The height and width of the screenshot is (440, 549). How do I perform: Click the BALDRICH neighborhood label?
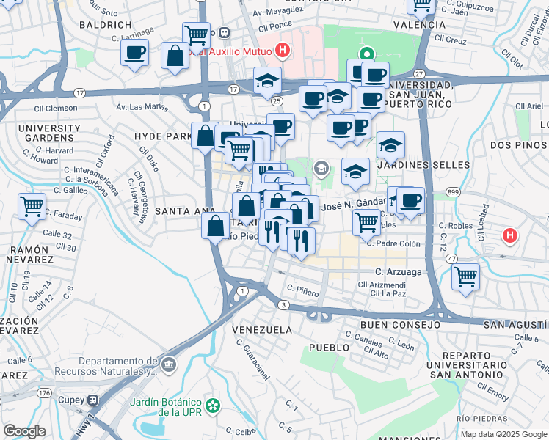[101, 23]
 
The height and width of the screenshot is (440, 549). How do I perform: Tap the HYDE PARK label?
[162, 136]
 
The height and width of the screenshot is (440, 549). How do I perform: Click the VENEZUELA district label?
[263, 330]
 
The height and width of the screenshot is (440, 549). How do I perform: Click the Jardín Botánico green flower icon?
[213, 404]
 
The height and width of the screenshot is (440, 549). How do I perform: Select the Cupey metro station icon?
[92, 400]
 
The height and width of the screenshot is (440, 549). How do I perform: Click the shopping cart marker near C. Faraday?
[32, 205]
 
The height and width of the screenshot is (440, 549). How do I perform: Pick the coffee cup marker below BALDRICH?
[135, 53]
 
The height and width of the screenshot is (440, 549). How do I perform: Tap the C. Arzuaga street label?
[402, 271]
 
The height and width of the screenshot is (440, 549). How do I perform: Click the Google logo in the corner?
[24, 431]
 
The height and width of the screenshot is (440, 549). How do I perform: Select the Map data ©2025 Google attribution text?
[503, 434]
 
